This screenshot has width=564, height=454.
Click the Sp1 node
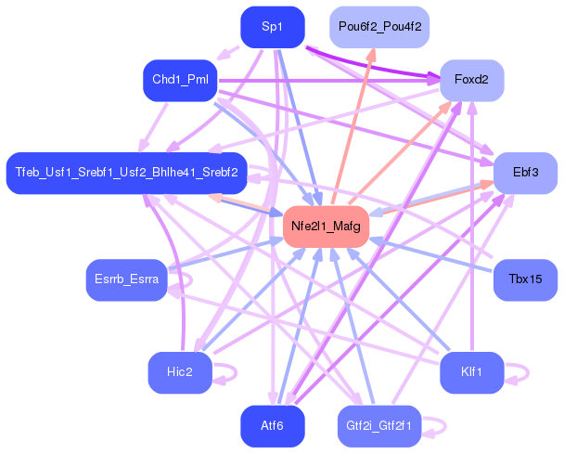pos(273,27)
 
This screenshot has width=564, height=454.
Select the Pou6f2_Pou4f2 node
pos(379,27)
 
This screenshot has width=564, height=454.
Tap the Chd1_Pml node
pos(180,80)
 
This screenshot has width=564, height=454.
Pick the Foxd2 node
pos(471,80)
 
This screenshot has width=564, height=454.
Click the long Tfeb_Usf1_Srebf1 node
pos(126,174)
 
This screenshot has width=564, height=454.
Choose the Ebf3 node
pos(526,174)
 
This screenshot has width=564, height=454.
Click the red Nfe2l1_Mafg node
pos(327,227)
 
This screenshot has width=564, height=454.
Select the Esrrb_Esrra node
pos(126,279)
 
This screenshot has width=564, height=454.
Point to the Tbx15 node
pos(526,279)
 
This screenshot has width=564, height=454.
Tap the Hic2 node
pos(180,372)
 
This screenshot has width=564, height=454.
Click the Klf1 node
pos(471,372)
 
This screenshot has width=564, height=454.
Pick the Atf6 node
pos(273,426)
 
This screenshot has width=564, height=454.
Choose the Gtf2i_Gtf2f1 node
pos(379,426)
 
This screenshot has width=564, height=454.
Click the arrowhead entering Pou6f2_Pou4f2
pos(373,54)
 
